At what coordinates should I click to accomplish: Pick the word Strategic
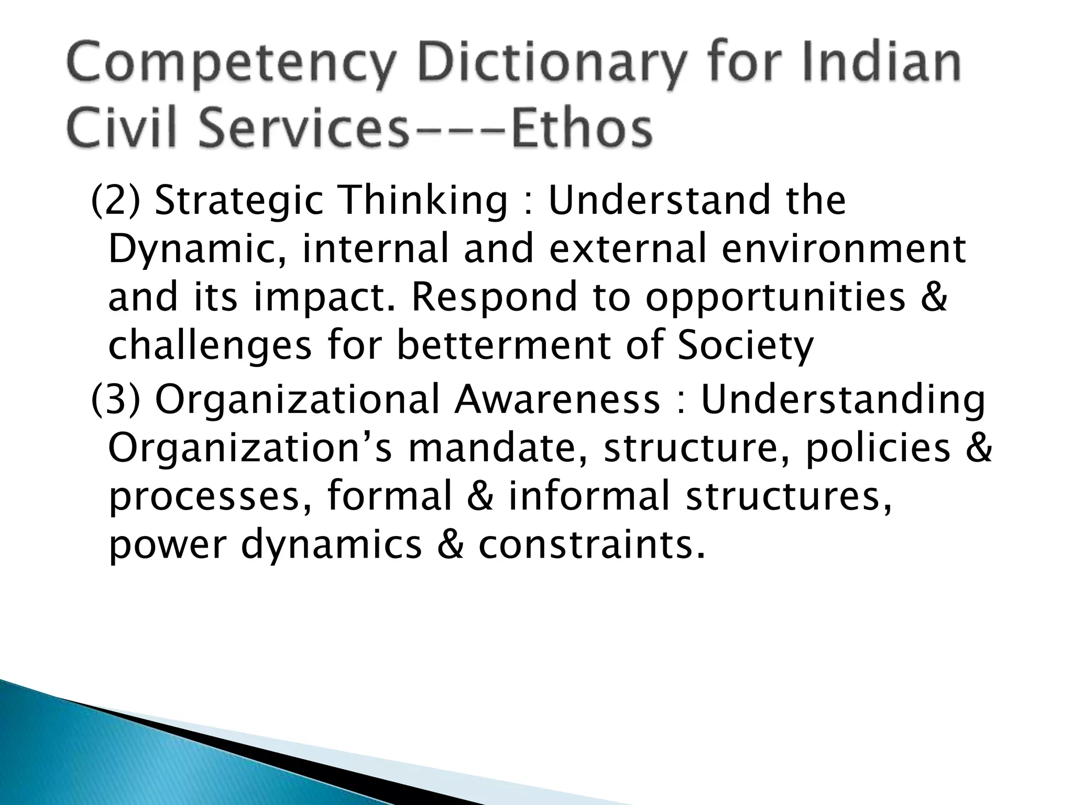coord(239,202)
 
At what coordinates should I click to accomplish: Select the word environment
coord(843,249)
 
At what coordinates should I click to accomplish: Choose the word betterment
coord(503,346)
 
